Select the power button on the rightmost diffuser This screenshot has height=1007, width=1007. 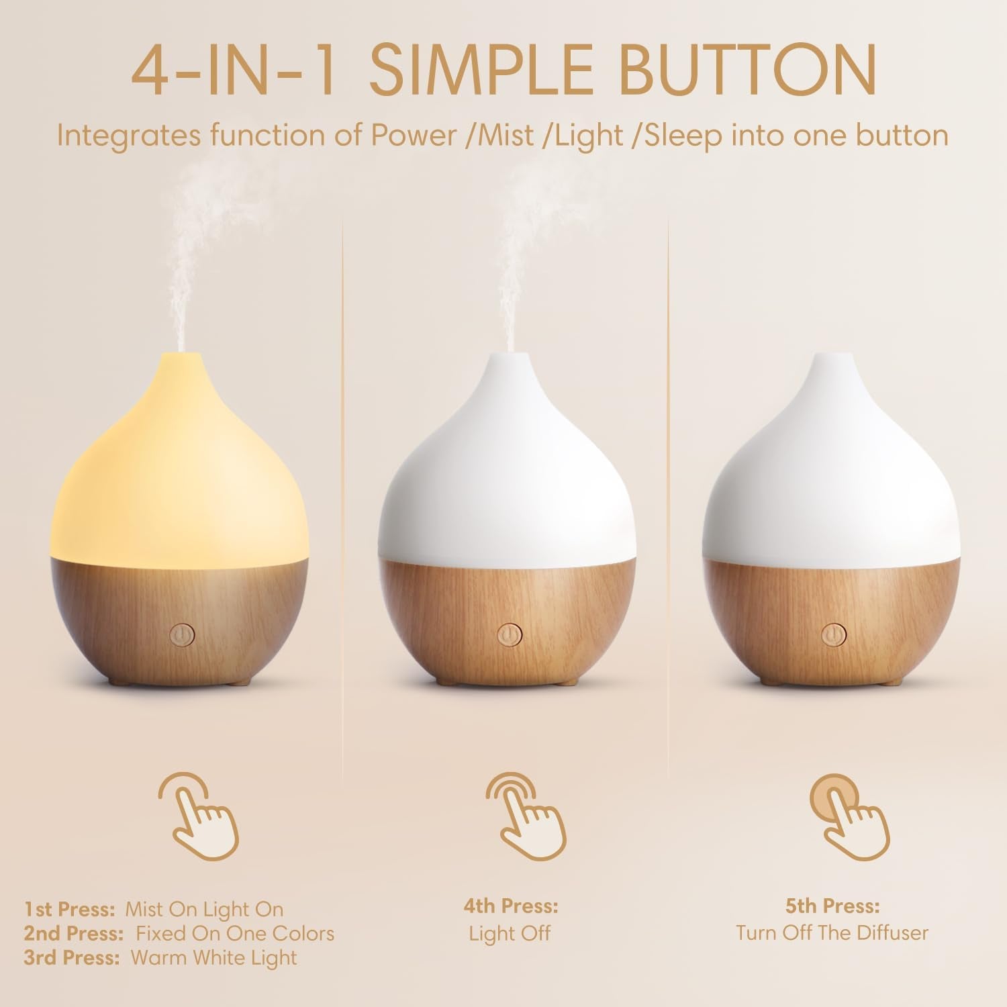pos(833,634)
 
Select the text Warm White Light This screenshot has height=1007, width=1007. pos(213,957)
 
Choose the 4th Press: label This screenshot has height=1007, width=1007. pos(510,906)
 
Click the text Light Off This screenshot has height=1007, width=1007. pos(510,933)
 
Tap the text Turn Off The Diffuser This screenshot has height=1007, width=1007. pos(832,932)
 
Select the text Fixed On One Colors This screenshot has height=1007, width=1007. pos(235,933)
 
